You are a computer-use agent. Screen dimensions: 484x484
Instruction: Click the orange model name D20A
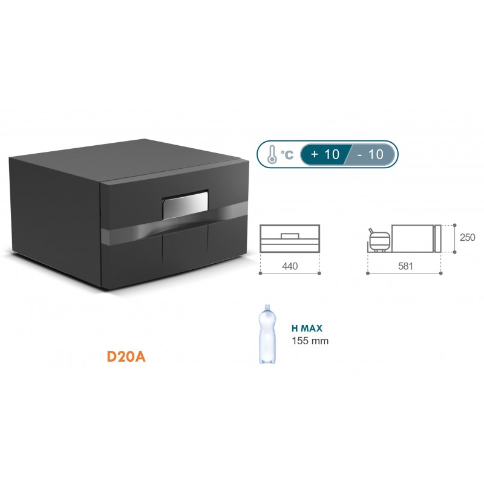(x=126, y=356)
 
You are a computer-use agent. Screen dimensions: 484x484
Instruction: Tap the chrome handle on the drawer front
(x=185, y=204)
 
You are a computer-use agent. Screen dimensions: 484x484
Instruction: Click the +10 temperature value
(x=325, y=154)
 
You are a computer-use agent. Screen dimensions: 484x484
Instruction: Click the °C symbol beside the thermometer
(x=287, y=155)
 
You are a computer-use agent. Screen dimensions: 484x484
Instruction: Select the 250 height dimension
(x=467, y=238)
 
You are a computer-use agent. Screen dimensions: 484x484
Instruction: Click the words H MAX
(x=307, y=329)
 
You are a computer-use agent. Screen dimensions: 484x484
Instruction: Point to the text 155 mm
(x=310, y=341)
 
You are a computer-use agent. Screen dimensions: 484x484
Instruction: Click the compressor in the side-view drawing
(x=380, y=240)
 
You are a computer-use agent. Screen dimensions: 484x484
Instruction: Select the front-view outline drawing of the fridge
(x=290, y=238)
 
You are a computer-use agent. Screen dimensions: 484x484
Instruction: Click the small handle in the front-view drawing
(x=290, y=234)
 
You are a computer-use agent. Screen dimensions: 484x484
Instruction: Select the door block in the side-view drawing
(x=439, y=238)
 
